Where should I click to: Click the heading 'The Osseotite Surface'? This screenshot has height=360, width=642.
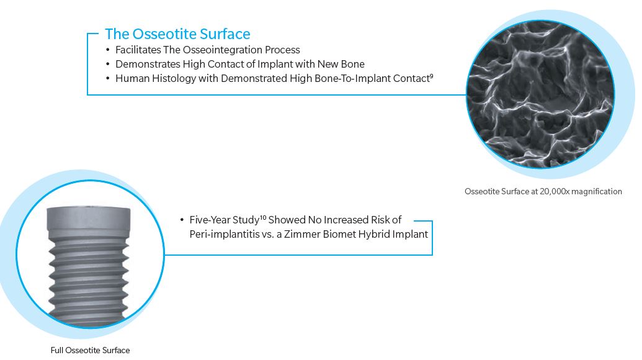pos(177,34)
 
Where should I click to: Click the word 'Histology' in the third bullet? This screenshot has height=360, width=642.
pos(174,79)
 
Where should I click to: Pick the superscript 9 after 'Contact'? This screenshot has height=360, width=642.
pos(431,76)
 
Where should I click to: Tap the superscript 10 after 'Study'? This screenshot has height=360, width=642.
pos(263,217)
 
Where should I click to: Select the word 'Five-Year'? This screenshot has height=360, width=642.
pos(210,220)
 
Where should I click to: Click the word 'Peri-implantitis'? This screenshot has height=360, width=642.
pos(225,235)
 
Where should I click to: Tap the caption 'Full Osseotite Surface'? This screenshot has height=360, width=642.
pos(90,351)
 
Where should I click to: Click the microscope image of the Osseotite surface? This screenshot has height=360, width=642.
pos(540,94)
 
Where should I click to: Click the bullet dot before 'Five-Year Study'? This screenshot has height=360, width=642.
pos(182,220)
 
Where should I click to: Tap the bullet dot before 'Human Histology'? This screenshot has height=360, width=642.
pos(108,79)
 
